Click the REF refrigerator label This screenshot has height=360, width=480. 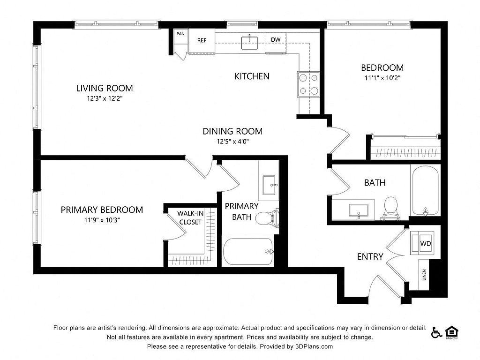tap(202, 40)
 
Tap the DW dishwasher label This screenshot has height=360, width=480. tap(276, 39)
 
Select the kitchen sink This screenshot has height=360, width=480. tap(249, 43)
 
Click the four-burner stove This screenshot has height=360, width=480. tap(308, 84)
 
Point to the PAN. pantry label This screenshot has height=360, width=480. tap(181, 34)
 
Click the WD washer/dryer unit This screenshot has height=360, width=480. tap(422, 243)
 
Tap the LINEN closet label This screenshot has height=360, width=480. tap(424, 275)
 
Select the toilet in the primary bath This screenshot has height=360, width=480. tap(268, 218)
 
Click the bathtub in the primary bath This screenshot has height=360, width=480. tap(248, 252)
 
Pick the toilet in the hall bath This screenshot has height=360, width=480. tap(390, 208)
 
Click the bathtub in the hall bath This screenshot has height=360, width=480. tap(425, 190)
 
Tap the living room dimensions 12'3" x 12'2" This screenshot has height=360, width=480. tap(105, 98)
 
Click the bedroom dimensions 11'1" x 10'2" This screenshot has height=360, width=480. tap(382, 78)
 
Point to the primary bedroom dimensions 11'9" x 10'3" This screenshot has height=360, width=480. tap(102, 220)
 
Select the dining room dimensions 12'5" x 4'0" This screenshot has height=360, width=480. tap(232, 142)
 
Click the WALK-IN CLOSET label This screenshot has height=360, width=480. tap(190, 217)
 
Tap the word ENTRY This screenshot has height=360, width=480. tap(370, 256)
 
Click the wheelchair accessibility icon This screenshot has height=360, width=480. tap(436, 332)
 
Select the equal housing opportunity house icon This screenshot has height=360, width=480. tap(451, 332)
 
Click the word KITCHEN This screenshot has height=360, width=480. tap(252, 76)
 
